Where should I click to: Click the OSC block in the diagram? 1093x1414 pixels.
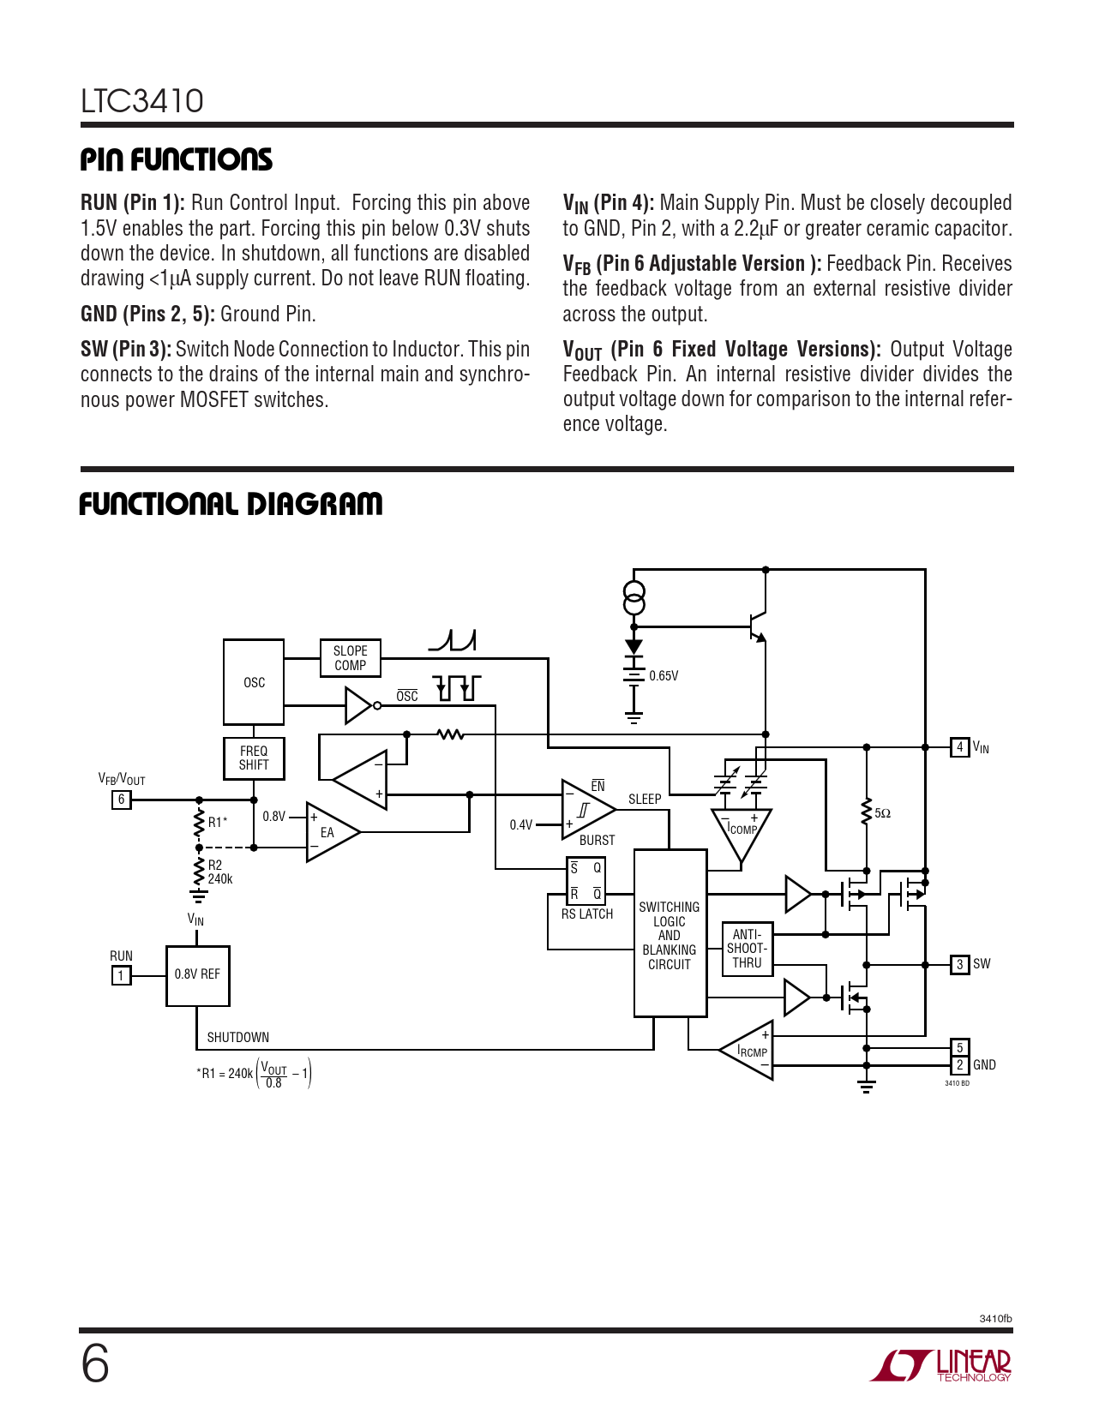[254, 682]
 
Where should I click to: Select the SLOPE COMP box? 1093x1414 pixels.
[350, 658]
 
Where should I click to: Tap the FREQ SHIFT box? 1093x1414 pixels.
[254, 758]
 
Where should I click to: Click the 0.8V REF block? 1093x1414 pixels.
[197, 975]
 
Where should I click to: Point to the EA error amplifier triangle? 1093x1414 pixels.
[330, 832]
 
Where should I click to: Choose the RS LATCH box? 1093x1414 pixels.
[586, 881]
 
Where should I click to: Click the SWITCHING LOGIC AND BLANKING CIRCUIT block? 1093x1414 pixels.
[670, 934]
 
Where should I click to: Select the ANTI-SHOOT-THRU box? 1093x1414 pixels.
[747, 949]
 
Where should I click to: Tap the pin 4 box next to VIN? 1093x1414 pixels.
[959, 747]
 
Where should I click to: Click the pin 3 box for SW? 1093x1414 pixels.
[959, 965]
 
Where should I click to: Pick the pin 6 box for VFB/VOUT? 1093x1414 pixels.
[121, 800]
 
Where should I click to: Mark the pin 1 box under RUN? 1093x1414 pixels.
[121, 976]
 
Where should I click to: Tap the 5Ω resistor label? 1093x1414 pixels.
[882, 813]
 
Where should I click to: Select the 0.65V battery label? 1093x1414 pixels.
[664, 676]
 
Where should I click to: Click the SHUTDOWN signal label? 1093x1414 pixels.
[237, 1038]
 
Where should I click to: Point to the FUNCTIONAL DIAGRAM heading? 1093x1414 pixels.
[231, 504]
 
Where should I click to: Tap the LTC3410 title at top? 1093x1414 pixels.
[142, 101]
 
